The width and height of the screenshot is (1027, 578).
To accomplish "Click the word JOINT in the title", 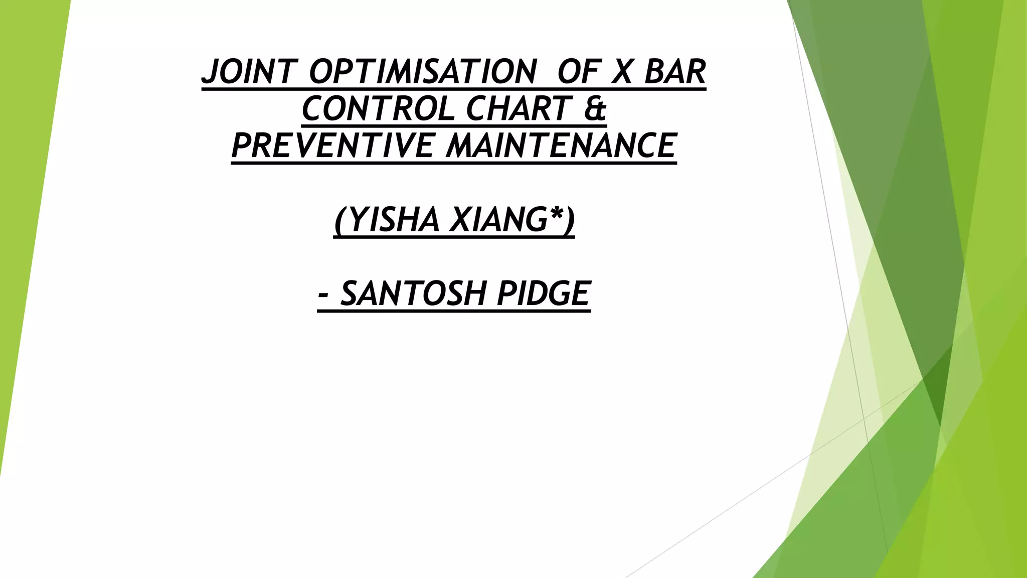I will point(249,72).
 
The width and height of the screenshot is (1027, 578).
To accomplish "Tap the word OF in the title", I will point(578,72).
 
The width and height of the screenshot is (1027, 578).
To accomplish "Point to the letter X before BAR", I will point(623,72).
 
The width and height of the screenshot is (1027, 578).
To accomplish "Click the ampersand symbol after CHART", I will point(595,109).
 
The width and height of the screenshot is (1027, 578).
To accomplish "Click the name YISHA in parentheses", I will point(394,220).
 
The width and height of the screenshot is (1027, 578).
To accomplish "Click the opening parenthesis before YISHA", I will point(340,221).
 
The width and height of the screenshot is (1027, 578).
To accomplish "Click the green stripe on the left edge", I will point(25,201).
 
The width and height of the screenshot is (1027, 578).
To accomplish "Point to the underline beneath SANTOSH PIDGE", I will point(454,311).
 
